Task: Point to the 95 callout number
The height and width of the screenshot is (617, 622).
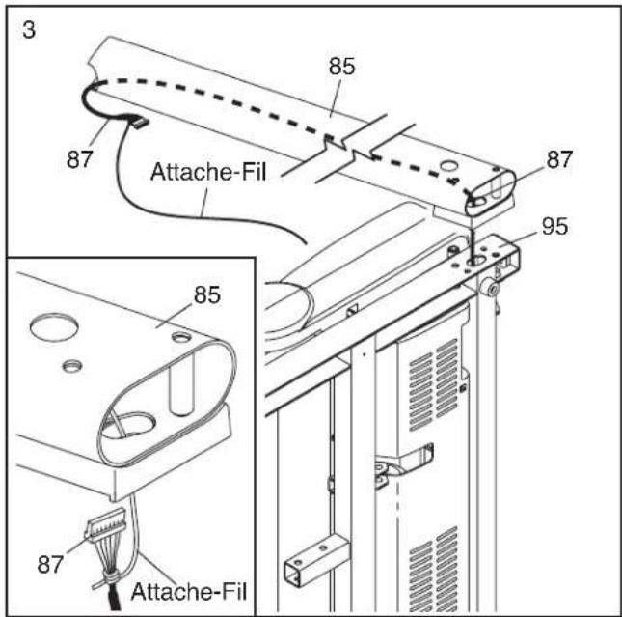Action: pyautogui.click(x=556, y=229)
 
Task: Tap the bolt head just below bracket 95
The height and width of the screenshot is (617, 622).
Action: pyautogui.click(x=493, y=287)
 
